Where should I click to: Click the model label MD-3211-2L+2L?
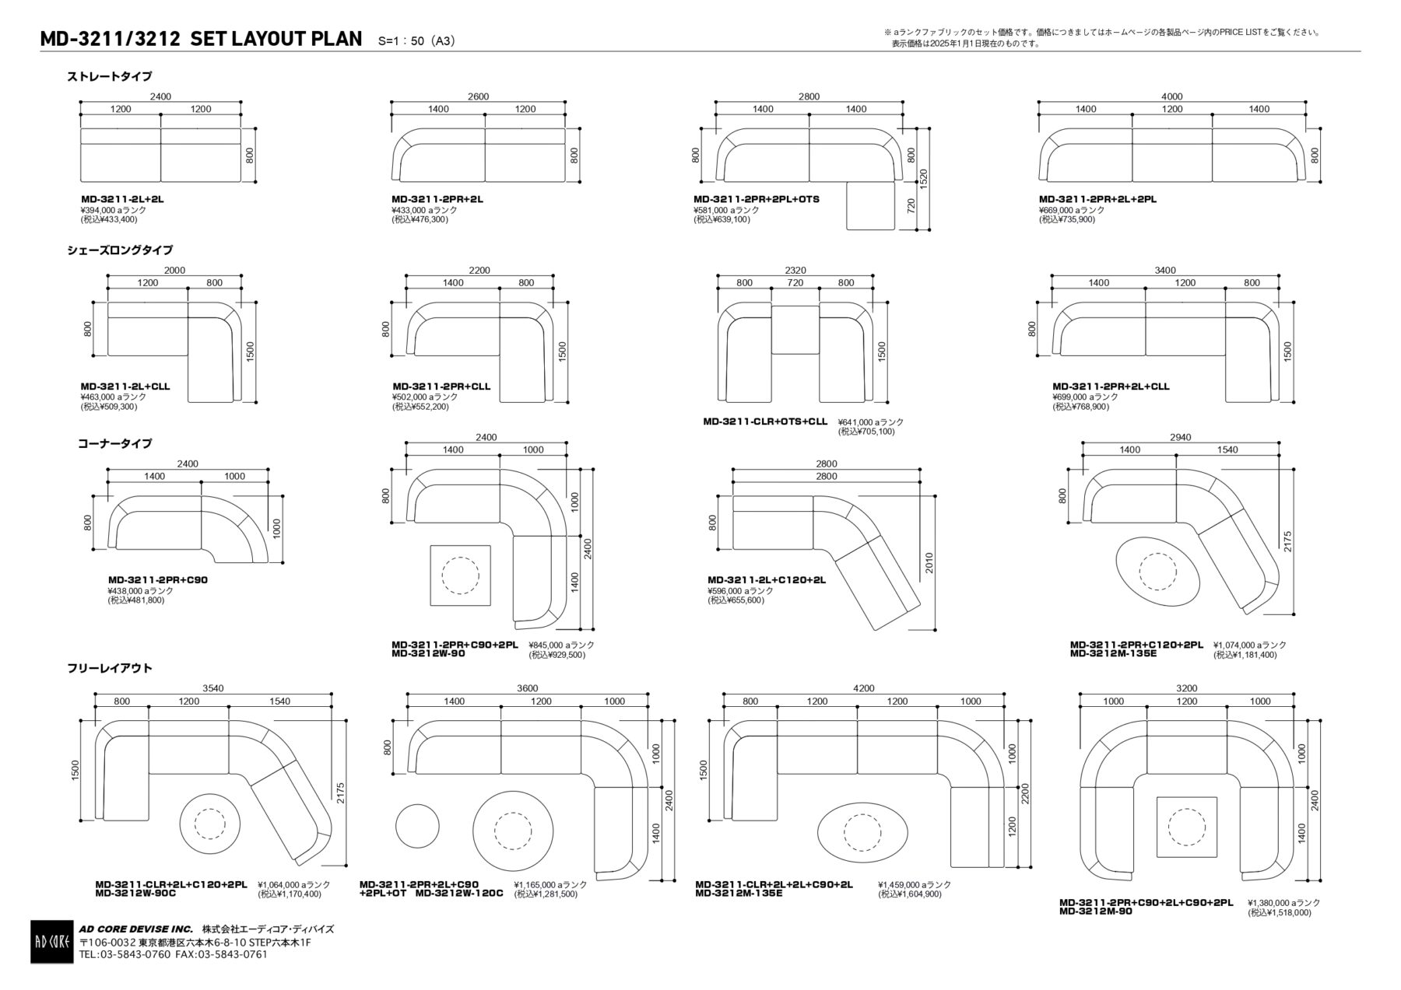(122, 200)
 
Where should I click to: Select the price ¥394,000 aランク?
(114, 210)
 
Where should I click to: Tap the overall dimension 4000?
(1171, 97)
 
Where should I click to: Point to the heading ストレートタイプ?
(110, 76)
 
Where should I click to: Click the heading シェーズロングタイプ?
(120, 250)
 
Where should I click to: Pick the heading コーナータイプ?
(114, 443)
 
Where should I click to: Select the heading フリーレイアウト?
(110, 668)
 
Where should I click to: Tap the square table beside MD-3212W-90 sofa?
(460, 575)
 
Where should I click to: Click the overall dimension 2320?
(795, 271)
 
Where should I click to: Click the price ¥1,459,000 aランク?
(915, 885)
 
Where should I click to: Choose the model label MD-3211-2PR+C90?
(158, 580)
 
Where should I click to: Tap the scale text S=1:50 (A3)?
(416, 41)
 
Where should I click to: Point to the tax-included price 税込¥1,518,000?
(1280, 913)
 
